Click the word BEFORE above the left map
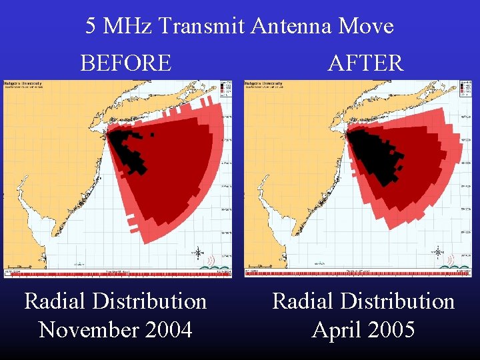125,63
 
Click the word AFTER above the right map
365,63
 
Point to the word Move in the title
366,27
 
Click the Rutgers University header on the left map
25,85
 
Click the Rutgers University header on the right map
265,85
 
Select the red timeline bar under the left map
117,273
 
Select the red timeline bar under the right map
358,273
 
